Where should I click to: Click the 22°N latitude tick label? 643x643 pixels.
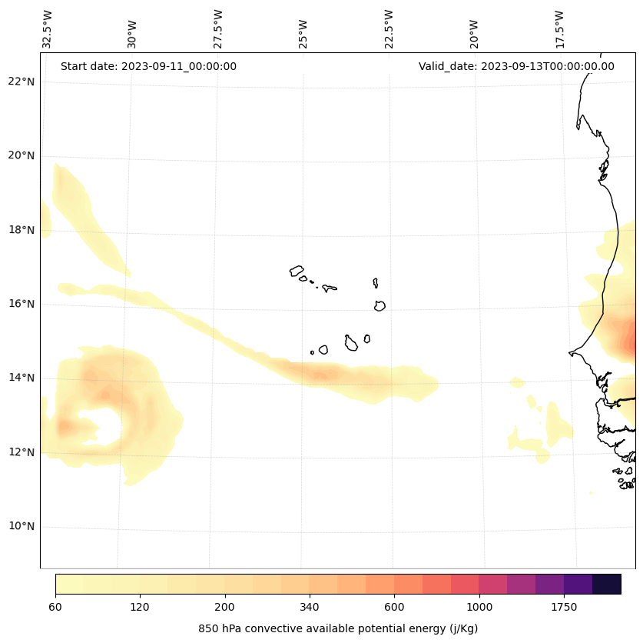coord(21,82)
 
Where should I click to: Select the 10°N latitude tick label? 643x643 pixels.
coord(21,526)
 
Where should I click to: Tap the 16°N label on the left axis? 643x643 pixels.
coord(21,304)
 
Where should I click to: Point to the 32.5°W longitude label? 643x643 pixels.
coord(48,29)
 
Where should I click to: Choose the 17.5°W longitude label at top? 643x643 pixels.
coord(559,29)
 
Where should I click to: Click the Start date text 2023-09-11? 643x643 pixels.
coord(148,66)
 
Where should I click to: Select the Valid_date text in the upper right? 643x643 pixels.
coord(516,66)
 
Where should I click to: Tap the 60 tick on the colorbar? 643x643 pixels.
coord(55,607)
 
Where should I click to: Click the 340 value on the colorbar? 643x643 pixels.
coord(310,607)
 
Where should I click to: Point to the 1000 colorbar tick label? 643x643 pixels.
coord(479,607)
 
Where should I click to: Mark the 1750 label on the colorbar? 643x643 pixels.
coord(564,607)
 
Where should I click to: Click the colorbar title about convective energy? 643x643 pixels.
coord(338,628)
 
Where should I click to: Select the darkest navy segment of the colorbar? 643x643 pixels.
coord(607,584)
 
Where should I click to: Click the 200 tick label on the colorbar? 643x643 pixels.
coord(225,607)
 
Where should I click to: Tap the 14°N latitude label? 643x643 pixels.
coord(21,378)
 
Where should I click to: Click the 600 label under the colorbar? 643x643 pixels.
coord(395,607)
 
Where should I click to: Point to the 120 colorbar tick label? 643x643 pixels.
coord(140,607)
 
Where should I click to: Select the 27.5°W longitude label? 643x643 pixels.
coord(218,29)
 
